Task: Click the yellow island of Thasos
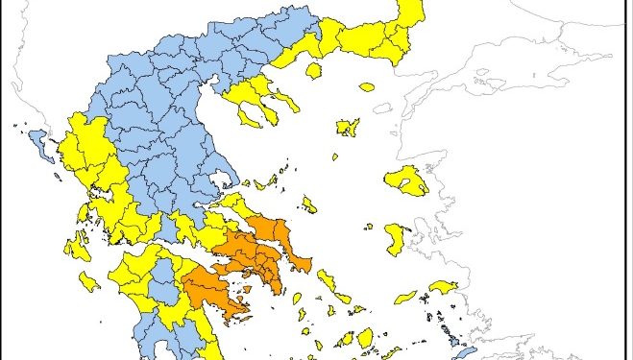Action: (313, 70)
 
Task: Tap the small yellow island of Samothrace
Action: (367, 86)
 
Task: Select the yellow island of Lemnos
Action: (348, 127)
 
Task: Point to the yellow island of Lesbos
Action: (406, 180)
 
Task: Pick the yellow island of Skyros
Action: (309, 204)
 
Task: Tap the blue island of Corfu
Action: (37, 144)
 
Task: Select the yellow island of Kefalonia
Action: (76, 247)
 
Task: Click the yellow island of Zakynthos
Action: (89, 282)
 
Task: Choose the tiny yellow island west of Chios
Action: (369, 228)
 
